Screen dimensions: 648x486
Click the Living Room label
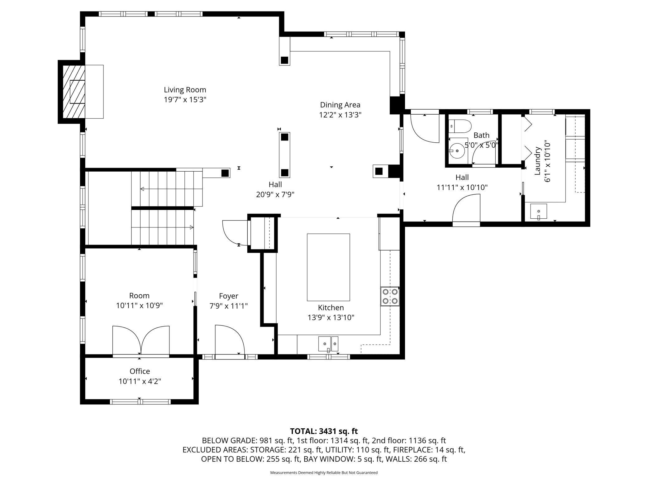tap(185, 90)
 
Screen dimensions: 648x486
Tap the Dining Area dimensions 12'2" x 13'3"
tap(340, 115)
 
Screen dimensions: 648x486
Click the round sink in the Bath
tap(457, 151)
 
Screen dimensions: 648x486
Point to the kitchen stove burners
tap(390, 296)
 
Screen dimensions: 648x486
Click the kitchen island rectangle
tap(328, 267)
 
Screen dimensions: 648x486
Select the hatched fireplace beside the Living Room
tap(74, 92)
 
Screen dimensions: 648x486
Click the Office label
tap(140, 371)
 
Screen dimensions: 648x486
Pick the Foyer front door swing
tap(230, 340)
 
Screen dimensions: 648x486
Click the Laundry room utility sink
tap(539, 212)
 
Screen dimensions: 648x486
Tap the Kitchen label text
tap(331, 307)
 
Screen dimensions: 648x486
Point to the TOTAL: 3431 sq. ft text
tap(324, 431)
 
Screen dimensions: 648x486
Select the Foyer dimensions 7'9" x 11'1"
tap(229, 306)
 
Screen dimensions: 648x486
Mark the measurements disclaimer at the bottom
tap(324, 473)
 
